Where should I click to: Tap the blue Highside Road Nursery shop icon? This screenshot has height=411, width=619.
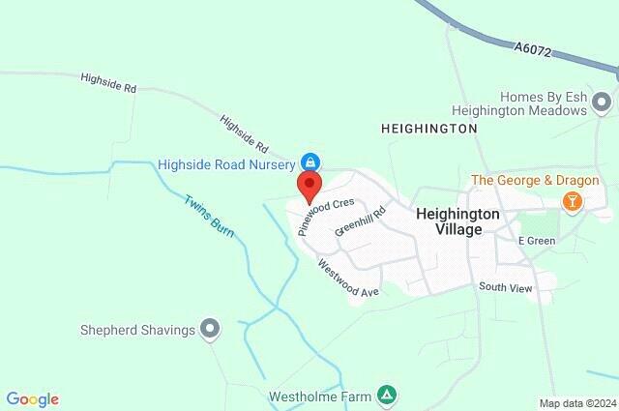click(x=310, y=161)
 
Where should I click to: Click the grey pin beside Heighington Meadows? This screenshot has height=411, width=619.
click(x=603, y=102)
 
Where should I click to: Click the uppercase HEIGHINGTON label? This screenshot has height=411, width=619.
click(x=429, y=128)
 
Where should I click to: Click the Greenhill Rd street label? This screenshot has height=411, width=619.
click(x=361, y=220)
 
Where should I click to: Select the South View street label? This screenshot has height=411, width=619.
click(x=505, y=287)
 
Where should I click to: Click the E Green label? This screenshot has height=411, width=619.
click(x=536, y=240)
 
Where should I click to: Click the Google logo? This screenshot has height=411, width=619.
click(x=33, y=399)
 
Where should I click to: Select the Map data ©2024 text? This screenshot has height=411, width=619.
click(x=576, y=403)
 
